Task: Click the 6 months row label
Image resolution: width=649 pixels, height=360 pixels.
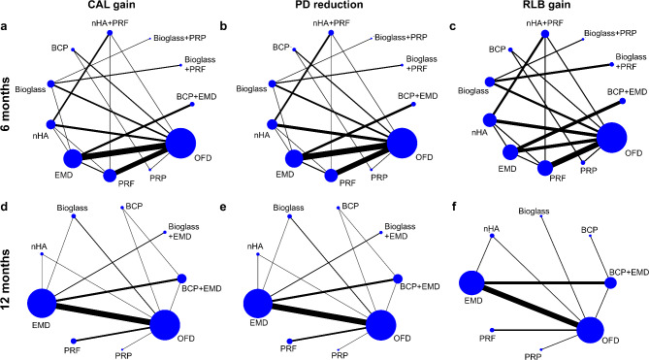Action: pyautogui.click(x=6, y=106)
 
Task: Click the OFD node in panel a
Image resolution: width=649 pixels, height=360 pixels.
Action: pyautogui.click(x=180, y=144)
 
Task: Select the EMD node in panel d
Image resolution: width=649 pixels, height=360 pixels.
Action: pyautogui.click(x=42, y=304)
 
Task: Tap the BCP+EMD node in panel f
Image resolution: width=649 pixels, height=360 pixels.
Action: pyautogui.click(x=610, y=283)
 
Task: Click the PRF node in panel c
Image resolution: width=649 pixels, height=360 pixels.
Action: pyautogui.click(x=545, y=168)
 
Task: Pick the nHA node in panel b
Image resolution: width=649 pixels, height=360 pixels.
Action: pyautogui.click(x=272, y=124)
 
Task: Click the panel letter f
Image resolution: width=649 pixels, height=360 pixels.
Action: pyautogui.click(x=454, y=207)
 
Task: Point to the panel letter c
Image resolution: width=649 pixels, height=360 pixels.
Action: pyautogui.click(x=453, y=27)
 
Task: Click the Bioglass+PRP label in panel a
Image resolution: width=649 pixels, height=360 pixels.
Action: pyautogui.click(x=179, y=39)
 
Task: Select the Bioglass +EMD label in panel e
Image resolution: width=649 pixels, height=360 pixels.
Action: pyautogui.click(x=400, y=231)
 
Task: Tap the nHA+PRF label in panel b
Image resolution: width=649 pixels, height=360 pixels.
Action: pyautogui.click(x=331, y=23)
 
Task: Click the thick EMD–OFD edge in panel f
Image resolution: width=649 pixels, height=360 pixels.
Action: pyautogui.click(x=531, y=308)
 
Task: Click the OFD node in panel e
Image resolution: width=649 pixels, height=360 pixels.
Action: pyautogui.click(x=381, y=325)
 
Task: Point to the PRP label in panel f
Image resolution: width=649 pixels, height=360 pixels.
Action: pyautogui.click(x=534, y=357)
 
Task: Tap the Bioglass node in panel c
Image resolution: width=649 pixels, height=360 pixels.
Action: pyautogui.click(x=490, y=82)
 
